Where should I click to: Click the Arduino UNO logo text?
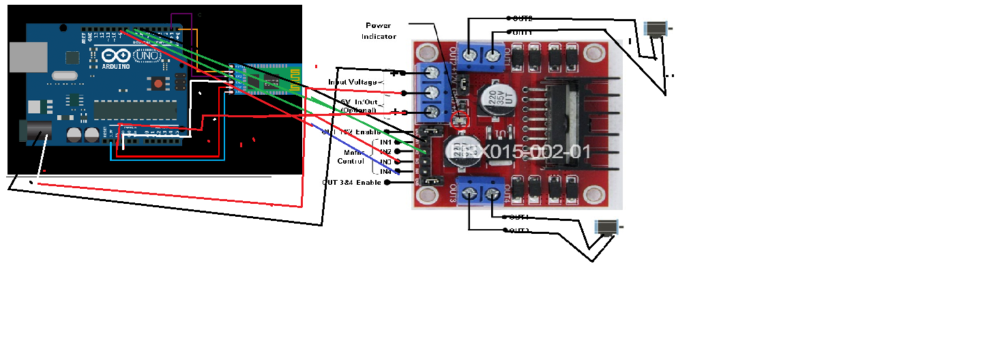[122, 55]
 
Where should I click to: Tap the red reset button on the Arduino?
[158, 84]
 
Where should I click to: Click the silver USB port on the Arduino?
[28, 56]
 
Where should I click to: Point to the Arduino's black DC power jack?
[33, 132]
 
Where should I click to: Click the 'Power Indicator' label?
[379, 31]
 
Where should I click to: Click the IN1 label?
[386, 142]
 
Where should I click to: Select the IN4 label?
[386, 172]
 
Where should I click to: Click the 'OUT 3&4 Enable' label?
[352, 183]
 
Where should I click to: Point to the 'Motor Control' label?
[351, 157]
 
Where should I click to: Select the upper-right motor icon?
[656, 29]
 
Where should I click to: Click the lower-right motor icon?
[606, 227]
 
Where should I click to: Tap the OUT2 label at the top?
[523, 18]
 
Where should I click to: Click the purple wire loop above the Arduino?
[181, 22]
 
